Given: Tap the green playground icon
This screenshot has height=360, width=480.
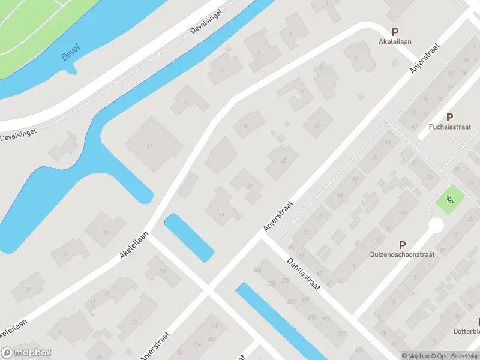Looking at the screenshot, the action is (449, 200).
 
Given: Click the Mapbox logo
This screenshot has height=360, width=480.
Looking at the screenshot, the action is (26, 353).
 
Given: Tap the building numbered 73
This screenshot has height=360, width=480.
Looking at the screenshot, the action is (106, 232).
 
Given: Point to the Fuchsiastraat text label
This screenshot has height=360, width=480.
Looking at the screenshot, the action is (449, 127).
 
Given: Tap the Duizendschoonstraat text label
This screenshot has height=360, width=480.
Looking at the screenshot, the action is (402, 254).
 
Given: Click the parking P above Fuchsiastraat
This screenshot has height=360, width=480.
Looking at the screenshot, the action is (449, 117).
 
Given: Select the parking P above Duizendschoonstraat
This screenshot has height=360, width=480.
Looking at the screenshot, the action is (402, 244).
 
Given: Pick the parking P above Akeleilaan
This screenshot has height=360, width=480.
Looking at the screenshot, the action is (395, 32).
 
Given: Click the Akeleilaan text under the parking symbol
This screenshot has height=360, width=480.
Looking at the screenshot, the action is (394, 43).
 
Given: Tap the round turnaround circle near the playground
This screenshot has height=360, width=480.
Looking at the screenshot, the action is (436, 226).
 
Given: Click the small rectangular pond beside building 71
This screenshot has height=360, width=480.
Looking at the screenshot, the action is (189, 237).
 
